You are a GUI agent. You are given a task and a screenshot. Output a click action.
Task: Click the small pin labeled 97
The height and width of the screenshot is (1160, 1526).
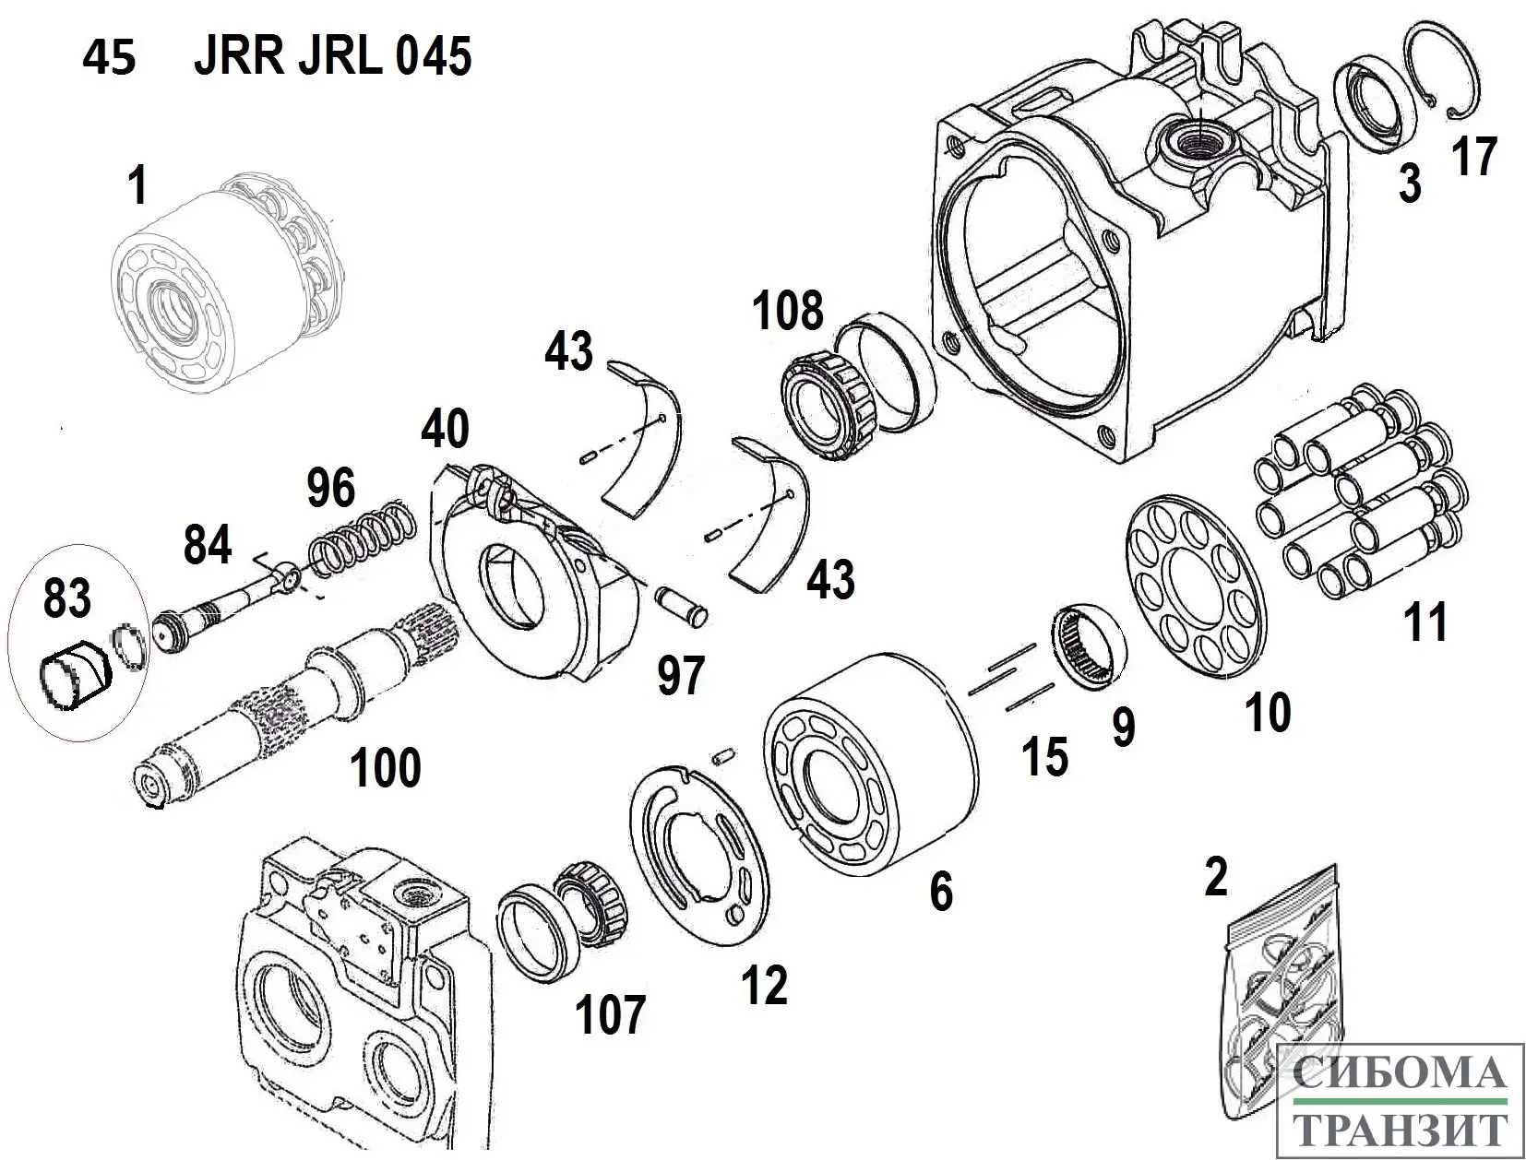point(681,604)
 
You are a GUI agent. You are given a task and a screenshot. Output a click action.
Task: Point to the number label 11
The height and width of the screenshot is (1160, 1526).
point(1425,621)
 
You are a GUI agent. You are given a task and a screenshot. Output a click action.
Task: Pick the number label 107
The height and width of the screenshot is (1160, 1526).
point(610,1015)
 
